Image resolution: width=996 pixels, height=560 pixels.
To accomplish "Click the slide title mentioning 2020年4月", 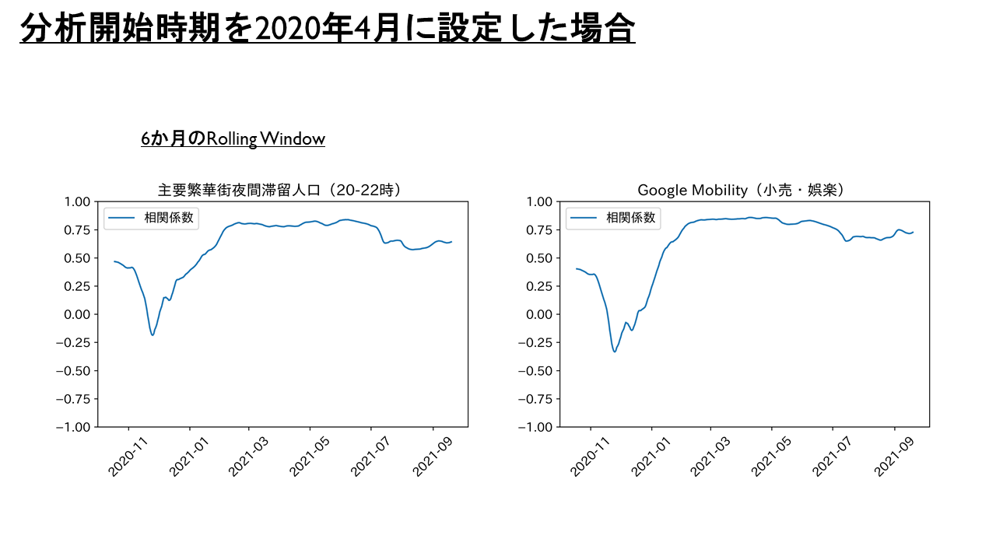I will (x=328, y=30).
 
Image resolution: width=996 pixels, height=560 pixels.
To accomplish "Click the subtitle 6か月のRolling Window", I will (x=233, y=139).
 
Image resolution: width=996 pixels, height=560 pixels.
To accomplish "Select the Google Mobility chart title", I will (x=741, y=190).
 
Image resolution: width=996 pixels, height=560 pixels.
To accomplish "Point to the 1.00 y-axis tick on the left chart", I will (x=77, y=202).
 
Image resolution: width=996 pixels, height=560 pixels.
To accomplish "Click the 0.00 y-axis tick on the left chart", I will (x=77, y=314).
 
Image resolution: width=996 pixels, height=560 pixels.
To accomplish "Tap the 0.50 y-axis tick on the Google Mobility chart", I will (x=539, y=258).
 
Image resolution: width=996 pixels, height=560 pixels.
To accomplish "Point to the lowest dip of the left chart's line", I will (x=153, y=334).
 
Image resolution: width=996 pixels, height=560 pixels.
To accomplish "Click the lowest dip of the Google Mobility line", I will (x=615, y=352).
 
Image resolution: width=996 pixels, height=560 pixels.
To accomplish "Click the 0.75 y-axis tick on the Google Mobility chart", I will (x=539, y=230).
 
